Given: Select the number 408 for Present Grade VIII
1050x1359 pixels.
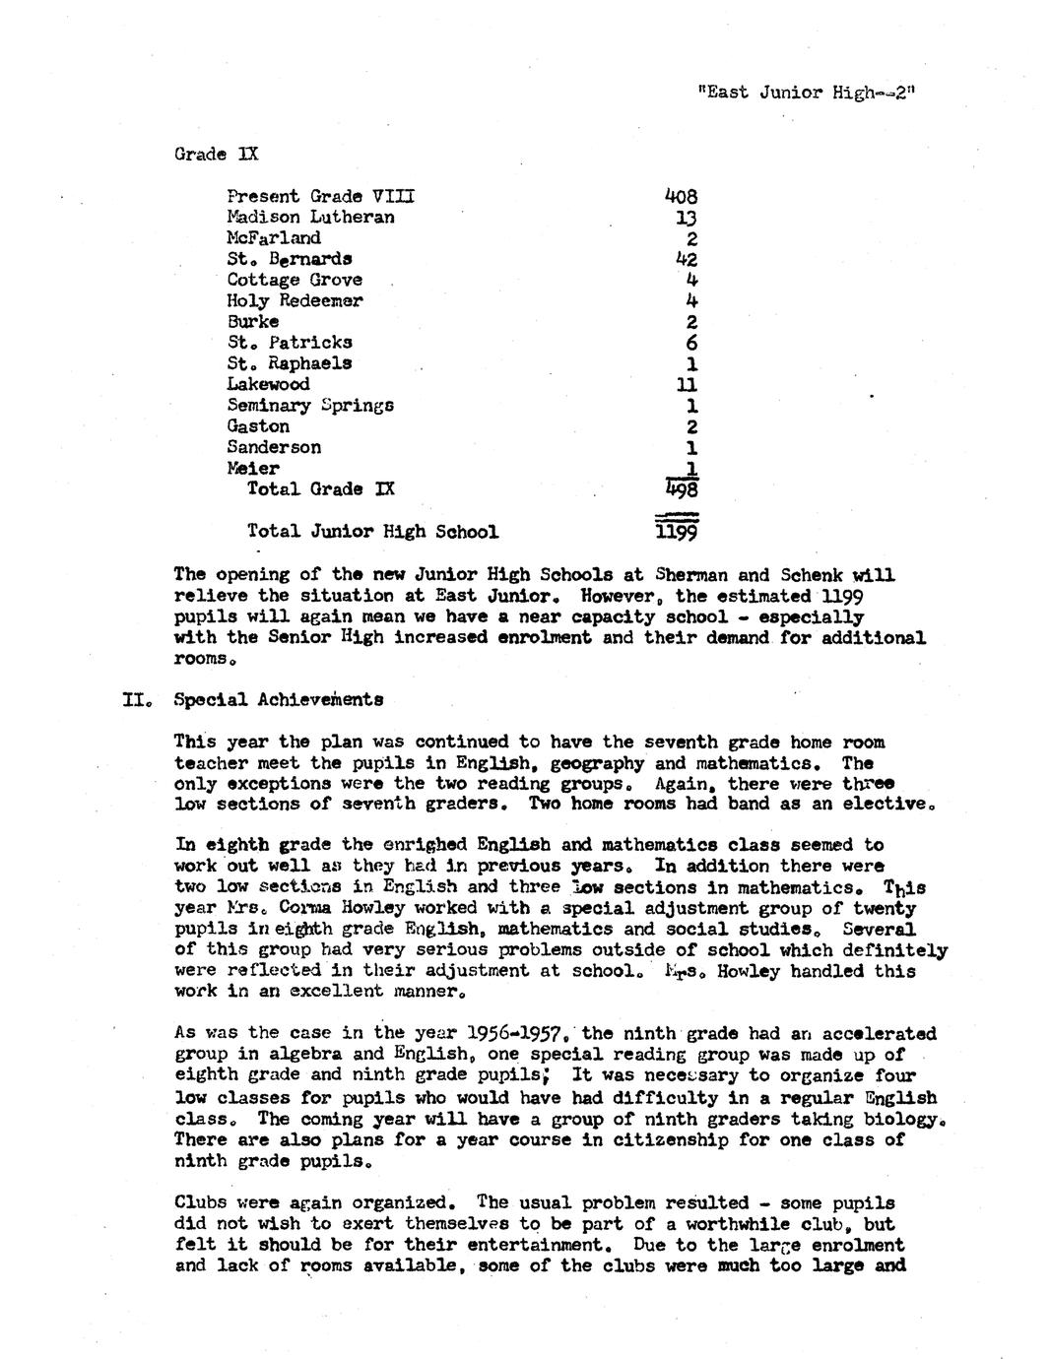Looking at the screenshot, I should (681, 196).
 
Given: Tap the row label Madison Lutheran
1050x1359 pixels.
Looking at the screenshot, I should (310, 217).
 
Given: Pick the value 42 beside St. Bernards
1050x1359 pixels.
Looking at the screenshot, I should (687, 259).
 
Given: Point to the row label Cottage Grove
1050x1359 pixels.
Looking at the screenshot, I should (295, 280).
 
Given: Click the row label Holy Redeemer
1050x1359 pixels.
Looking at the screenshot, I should (295, 300).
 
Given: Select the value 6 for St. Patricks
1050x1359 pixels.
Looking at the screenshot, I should (691, 343).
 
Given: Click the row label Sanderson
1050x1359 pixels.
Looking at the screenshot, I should (274, 447).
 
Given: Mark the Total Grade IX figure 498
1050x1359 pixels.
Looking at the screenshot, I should (681, 489).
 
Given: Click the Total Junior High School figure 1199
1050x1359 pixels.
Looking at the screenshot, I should (677, 533).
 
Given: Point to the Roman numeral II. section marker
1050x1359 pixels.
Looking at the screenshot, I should (136, 700).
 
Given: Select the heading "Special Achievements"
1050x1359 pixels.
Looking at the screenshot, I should (279, 700).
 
